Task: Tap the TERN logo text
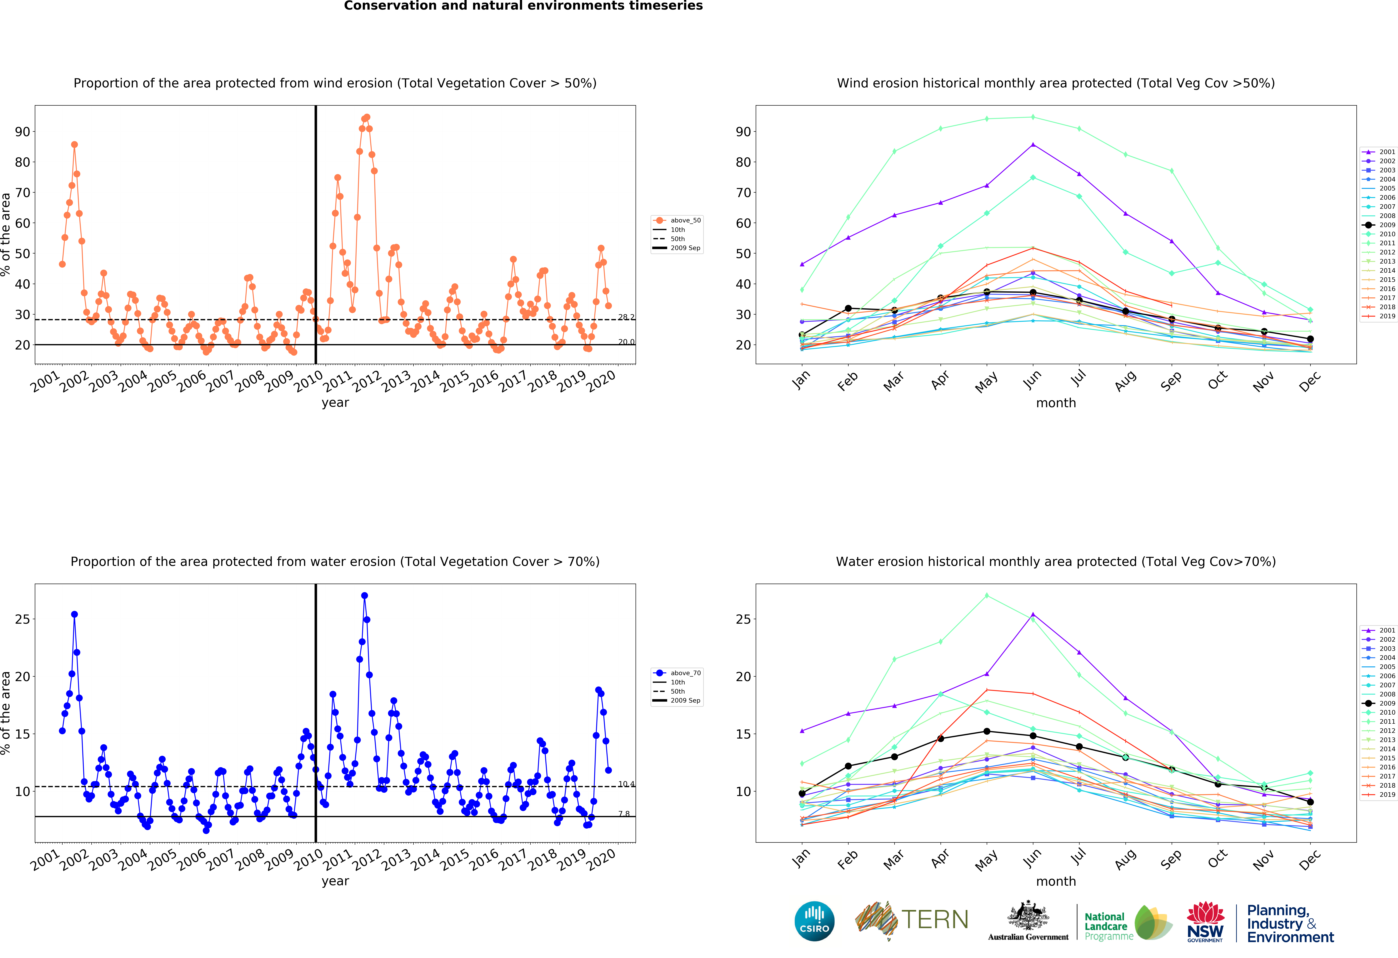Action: (x=935, y=919)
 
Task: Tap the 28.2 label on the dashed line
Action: (x=626, y=317)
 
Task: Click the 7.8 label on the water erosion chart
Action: (x=624, y=814)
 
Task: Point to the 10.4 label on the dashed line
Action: (x=626, y=784)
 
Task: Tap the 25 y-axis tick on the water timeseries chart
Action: (x=22, y=619)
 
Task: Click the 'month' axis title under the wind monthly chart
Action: (x=1056, y=403)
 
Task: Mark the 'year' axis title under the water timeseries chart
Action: (x=335, y=881)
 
